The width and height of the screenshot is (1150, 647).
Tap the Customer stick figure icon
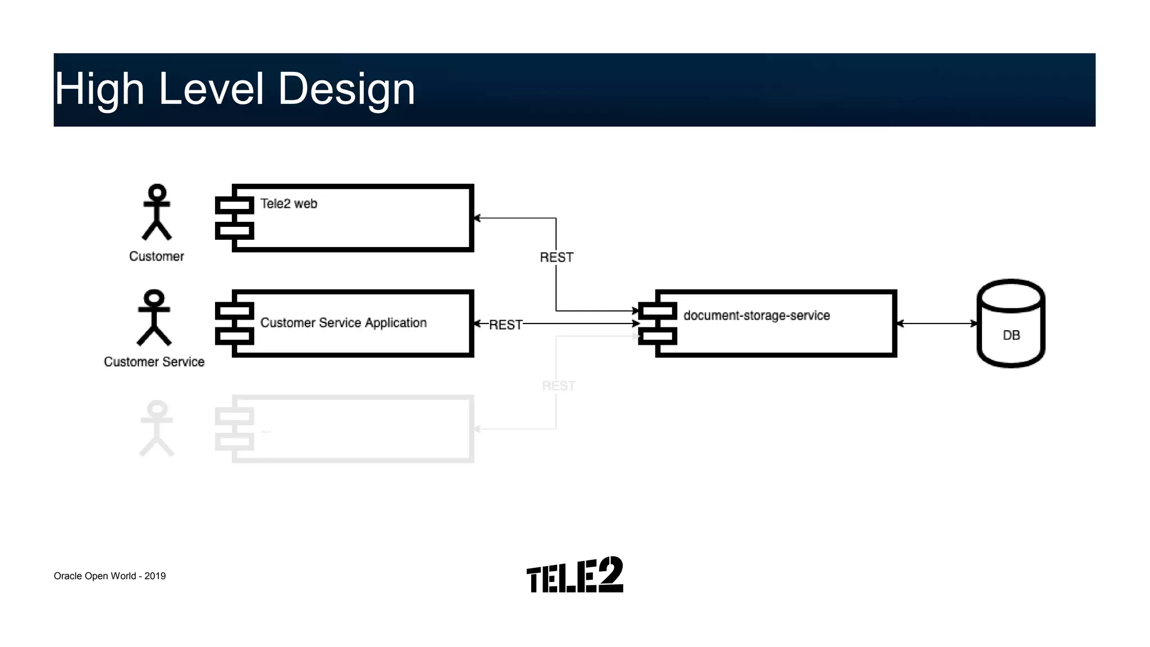coord(157,212)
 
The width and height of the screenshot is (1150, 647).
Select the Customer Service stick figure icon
coord(154,317)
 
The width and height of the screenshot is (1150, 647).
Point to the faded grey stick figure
coord(157,428)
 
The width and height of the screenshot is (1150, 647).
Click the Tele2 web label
coord(289,204)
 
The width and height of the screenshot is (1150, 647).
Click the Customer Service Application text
coord(343,323)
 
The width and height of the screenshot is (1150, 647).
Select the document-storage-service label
coord(756,316)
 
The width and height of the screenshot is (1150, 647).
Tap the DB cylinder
coord(1011,324)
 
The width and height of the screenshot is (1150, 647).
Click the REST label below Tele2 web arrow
coord(556,257)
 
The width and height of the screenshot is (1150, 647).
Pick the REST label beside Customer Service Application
coord(505,325)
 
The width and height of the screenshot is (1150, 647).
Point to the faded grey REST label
coord(558,386)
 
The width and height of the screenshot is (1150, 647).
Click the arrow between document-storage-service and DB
coord(937,323)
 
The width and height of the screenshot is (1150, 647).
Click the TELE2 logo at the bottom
coord(574,575)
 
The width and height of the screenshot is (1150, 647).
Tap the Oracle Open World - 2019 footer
coord(109,576)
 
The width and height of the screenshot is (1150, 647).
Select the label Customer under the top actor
coord(157,257)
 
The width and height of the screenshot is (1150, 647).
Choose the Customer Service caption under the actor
coord(154,362)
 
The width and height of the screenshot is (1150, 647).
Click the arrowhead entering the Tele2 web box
coord(477,218)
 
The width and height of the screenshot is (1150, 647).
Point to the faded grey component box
coord(353,429)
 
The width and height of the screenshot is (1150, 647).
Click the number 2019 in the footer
coord(155,576)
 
